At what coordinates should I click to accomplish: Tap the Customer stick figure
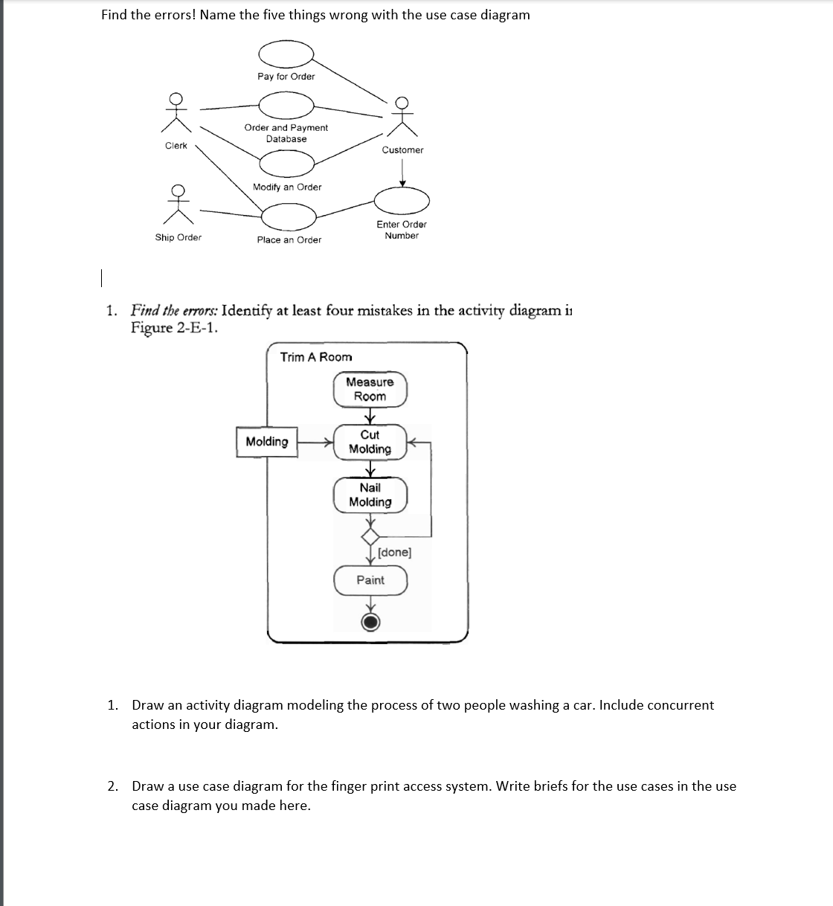tap(402, 117)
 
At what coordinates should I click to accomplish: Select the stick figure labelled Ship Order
tap(178, 204)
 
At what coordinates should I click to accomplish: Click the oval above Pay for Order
tap(286, 54)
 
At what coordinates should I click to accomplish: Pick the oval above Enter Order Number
tap(402, 199)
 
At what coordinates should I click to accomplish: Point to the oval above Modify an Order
tap(286, 161)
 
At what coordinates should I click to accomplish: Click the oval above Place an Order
tap(289, 217)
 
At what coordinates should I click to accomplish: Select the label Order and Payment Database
tap(286, 133)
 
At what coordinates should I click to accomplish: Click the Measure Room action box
tap(370, 389)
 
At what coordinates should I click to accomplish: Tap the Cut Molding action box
tap(370, 442)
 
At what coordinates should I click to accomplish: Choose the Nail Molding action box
tap(370, 495)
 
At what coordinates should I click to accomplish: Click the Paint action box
tap(370, 580)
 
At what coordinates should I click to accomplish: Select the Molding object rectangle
tap(267, 442)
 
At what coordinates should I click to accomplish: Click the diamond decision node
tap(370, 536)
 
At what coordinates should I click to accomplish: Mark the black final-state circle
tap(370, 622)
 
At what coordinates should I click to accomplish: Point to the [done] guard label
tap(394, 553)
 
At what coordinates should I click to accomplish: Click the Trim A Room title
tap(316, 357)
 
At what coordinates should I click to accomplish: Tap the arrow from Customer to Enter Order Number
tap(402, 173)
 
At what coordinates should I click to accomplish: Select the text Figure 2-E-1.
tap(174, 328)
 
